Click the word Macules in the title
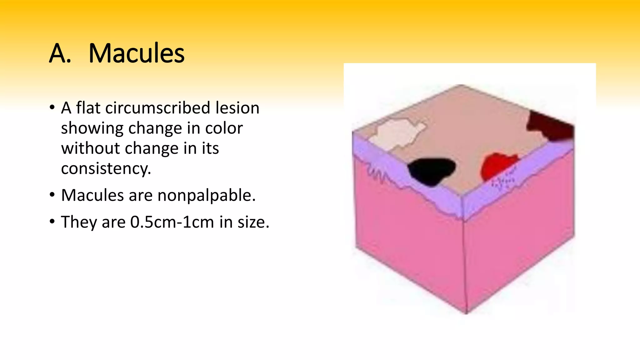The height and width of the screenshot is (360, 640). [137, 53]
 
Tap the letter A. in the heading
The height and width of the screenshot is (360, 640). [60, 53]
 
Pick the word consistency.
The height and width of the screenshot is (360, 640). [106, 169]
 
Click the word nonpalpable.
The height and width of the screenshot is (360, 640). [207, 195]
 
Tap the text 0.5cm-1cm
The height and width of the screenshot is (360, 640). [172, 222]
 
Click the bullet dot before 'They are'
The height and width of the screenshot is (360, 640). [52, 222]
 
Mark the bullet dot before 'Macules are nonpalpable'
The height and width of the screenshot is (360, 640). [52, 195]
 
